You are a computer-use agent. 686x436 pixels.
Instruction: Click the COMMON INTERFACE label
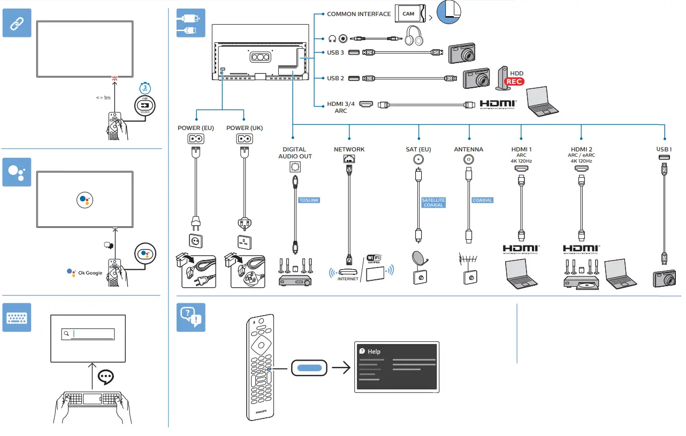coord(359,14)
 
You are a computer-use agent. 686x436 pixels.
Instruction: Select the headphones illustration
coord(414,37)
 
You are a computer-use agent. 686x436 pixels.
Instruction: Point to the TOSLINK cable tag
coord(309,200)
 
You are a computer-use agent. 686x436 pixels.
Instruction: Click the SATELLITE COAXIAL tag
coord(433,203)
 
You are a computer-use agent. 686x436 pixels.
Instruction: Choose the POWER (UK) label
coord(245,128)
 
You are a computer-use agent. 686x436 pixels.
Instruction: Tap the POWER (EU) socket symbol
coord(196,139)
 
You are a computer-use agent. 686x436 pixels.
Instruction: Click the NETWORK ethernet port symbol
coord(349,158)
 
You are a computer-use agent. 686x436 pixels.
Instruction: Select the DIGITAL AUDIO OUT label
coord(295,153)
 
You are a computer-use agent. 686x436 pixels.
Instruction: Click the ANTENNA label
coord(469,149)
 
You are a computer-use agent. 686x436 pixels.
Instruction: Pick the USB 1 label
coord(664,149)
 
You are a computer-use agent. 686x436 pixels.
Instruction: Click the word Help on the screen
coord(374,351)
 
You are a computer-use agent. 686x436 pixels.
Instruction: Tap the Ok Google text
coord(90,273)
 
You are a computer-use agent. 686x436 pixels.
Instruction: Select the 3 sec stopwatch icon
coord(144,89)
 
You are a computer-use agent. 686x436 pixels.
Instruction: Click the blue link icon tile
coord(17,22)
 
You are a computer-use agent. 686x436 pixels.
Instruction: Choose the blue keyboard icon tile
coord(17,317)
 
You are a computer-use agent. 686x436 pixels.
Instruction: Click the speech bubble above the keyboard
coord(106,377)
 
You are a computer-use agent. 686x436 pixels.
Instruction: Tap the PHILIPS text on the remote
coord(260,411)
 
